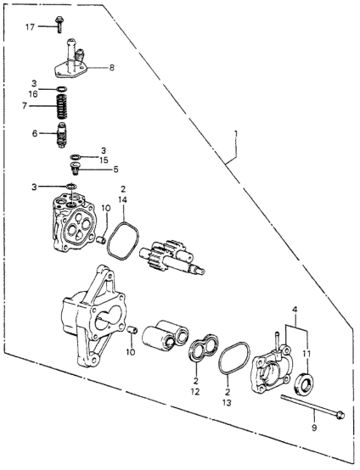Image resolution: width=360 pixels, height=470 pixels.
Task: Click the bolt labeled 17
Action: click(x=59, y=25)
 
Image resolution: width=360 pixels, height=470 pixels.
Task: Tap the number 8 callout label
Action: click(x=111, y=68)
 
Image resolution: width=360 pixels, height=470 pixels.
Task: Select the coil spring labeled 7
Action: click(x=61, y=106)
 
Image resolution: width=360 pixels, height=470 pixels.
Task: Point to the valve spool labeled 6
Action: click(x=61, y=135)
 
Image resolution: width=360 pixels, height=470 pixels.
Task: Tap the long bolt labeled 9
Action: click(x=312, y=406)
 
